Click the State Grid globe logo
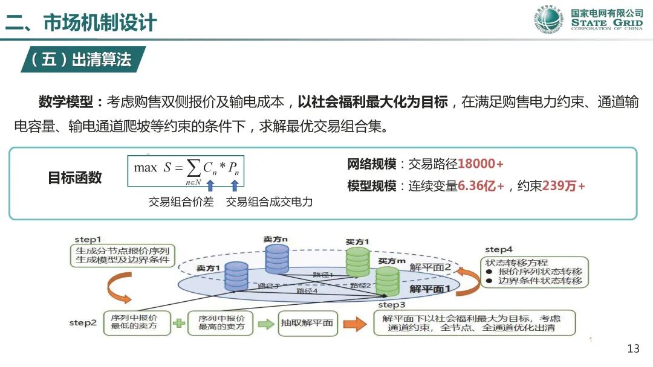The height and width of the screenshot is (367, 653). [548, 20]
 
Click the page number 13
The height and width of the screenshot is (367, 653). [633, 349]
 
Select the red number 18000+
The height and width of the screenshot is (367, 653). [481, 164]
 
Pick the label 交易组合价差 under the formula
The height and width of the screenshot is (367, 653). [181, 202]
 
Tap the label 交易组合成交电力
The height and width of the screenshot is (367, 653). [269, 202]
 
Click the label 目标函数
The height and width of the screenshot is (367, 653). [74, 177]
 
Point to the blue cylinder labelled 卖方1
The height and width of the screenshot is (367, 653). [236, 276]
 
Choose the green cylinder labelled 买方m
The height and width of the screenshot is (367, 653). [387, 280]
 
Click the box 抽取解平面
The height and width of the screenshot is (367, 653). [307, 323]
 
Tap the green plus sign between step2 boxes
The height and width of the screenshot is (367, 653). [178, 323]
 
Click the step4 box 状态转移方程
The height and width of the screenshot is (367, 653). [534, 273]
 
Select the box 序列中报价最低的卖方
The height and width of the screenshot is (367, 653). [134, 323]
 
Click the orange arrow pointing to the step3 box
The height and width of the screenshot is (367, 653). [356, 324]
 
